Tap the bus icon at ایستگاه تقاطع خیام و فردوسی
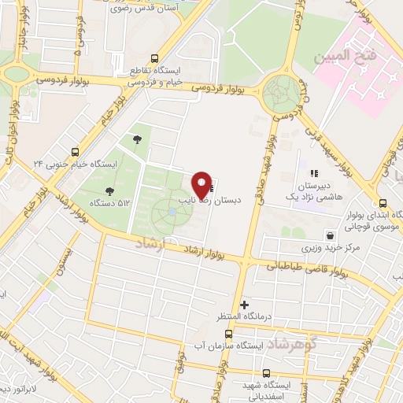click(154, 58)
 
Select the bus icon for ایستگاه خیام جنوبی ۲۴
click(76, 152)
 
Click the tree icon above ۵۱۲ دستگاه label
click(109, 191)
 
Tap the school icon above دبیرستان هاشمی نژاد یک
click(313, 173)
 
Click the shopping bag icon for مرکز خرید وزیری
click(329, 235)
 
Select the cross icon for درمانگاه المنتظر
click(245, 304)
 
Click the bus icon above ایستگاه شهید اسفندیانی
click(265, 373)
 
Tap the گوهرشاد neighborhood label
click(292, 345)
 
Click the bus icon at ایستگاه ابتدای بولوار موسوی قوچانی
click(382, 203)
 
